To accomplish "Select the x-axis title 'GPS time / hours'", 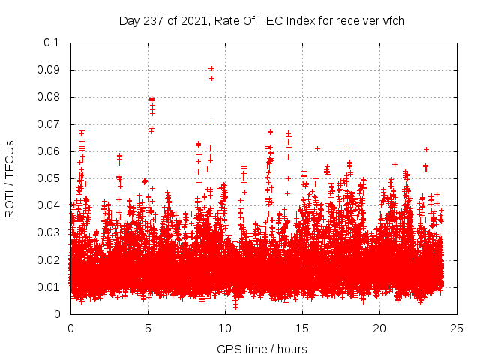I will click(262, 349).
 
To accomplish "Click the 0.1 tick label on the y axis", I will click(52, 43).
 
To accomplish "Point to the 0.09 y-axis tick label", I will click(49, 70).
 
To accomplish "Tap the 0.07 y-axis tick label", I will click(49, 124).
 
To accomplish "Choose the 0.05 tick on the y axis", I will click(49, 178).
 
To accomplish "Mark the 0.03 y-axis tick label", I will click(49, 232).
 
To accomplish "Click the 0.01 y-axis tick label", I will click(49, 286).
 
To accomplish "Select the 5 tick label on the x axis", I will click(148, 328).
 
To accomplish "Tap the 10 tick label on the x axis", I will click(225, 328).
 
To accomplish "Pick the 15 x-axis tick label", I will click(302, 328).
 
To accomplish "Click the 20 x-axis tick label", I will click(379, 328).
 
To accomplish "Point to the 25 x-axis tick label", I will click(457, 328).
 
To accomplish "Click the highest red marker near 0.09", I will click(211, 67).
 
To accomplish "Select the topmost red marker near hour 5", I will click(151, 99).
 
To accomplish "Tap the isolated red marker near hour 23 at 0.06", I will click(426, 149).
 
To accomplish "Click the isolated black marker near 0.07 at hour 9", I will click(211, 121).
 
